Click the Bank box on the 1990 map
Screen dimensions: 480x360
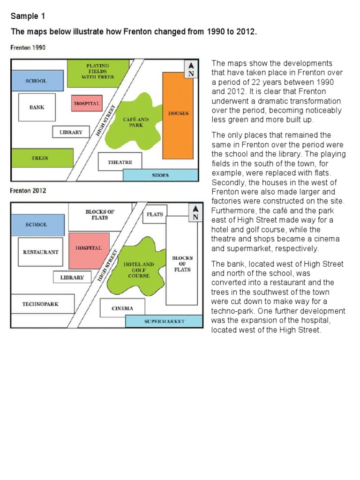click(x=37, y=107)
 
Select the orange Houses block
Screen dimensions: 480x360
click(x=178, y=115)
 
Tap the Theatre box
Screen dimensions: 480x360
click(x=120, y=162)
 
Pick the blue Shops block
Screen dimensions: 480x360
click(x=160, y=175)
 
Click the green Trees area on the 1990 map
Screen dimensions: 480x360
click(x=42, y=158)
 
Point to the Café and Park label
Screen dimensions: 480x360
click(x=136, y=122)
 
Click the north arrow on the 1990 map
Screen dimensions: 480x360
click(x=190, y=69)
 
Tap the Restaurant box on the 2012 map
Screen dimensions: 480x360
click(x=41, y=252)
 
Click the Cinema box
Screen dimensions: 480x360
click(x=122, y=308)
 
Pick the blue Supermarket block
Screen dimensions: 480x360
click(x=164, y=322)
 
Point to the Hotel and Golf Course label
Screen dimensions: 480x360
click(x=138, y=270)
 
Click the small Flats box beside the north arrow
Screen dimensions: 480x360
click(x=155, y=214)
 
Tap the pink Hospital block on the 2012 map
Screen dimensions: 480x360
click(x=89, y=248)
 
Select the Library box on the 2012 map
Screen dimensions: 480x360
click(x=72, y=277)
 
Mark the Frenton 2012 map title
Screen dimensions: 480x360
click(x=29, y=191)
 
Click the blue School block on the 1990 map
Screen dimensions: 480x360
click(x=37, y=81)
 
